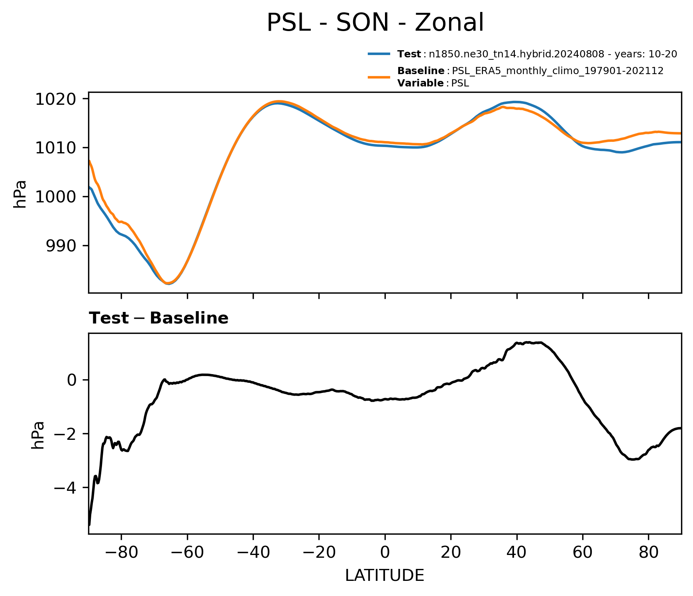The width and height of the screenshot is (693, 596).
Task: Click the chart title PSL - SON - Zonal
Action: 375,23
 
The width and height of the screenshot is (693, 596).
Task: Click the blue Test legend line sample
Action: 379,54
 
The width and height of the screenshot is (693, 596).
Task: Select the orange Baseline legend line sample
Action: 379,77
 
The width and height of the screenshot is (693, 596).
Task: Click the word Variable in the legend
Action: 420,83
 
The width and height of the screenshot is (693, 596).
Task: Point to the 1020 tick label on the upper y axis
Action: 56,99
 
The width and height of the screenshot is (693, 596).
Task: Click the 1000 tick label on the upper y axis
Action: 56,197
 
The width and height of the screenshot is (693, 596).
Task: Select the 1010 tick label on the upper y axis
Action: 56,148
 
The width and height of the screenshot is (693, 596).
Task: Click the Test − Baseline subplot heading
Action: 159,318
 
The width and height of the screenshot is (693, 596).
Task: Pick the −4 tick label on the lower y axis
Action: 66,488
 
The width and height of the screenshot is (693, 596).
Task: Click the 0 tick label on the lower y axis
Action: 72,380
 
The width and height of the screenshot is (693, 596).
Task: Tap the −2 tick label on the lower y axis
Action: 66,434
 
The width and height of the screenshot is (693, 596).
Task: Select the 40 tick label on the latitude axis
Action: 517,553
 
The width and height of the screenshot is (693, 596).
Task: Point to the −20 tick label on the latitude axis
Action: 319,553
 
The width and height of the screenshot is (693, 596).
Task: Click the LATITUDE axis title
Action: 385,576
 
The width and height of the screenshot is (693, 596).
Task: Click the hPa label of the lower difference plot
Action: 38,435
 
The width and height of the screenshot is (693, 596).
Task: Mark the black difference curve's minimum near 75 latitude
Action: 632,459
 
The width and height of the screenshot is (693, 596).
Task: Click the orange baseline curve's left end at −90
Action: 89,161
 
